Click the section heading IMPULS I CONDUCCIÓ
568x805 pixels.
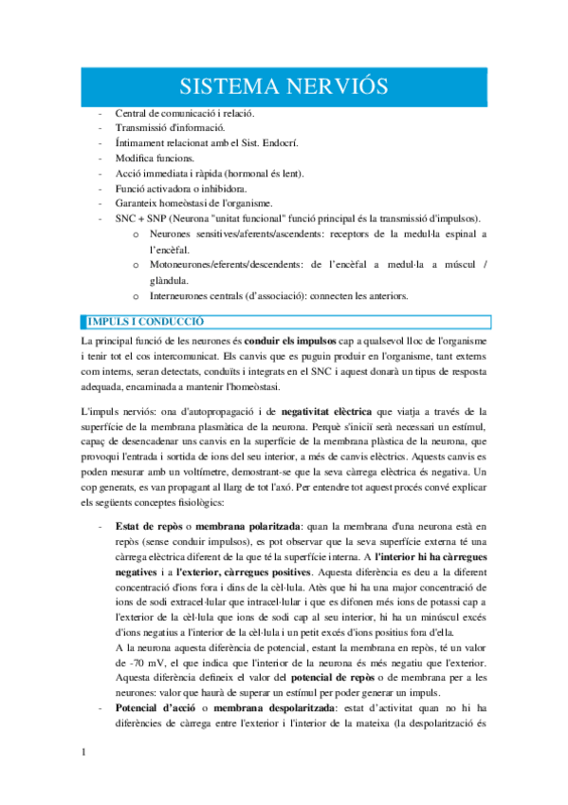[x=154, y=322]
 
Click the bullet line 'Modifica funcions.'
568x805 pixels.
[x=155, y=158]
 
